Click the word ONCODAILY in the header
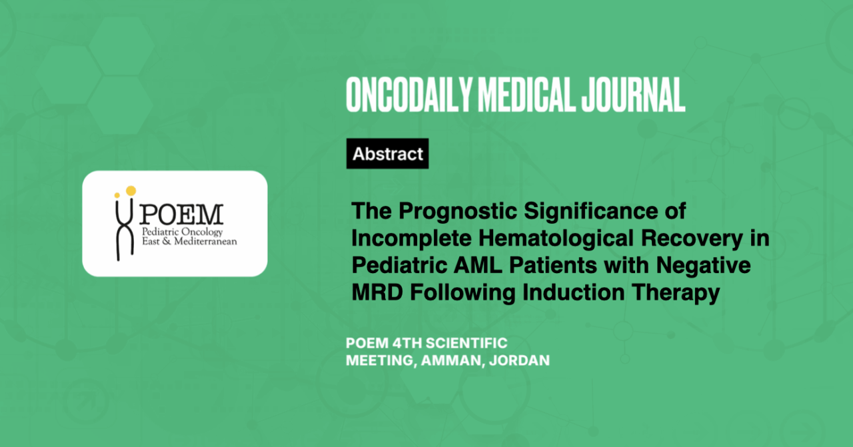(x=409, y=95)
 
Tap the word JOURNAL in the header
(x=633, y=95)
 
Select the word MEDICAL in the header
(x=526, y=95)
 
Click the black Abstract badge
(x=387, y=153)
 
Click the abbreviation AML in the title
(x=478, y=265)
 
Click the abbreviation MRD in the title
(x=377, y=292)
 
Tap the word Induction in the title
(x=574, y=292)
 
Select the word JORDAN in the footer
(x=519, y=360)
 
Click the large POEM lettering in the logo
(x=181, y=215)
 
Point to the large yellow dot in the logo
(x=131, y=191)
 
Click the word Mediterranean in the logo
(x=205, y=241)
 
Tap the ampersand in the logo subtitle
(x=167, y=241)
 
